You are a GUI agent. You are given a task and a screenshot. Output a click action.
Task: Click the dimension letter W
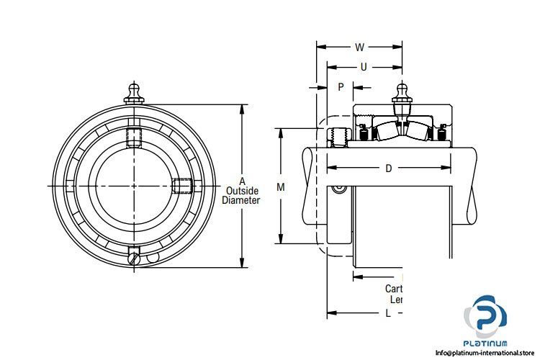[359, 48]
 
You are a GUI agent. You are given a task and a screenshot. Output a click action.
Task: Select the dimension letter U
[364, 67]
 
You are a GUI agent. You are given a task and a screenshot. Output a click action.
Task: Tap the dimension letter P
[341, 86]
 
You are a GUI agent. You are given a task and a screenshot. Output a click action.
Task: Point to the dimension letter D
[388, 168]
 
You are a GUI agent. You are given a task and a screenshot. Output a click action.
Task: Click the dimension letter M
[281, 187]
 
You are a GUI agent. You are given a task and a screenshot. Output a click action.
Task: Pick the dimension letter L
[388, 313]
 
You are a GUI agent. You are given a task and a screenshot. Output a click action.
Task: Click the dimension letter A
[242, 181]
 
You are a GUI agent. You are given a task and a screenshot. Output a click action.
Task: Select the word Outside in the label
[242, 191]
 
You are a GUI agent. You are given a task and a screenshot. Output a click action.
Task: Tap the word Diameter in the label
[241, 201]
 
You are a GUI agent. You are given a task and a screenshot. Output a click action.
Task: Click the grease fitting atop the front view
[134, 92]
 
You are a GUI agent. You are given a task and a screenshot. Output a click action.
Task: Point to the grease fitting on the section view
[401, 98]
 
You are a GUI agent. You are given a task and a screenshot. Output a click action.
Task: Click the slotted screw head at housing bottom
[134, 258]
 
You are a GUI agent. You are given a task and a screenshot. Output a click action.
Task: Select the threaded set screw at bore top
[134, 138]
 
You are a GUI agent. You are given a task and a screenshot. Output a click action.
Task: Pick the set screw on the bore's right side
[182, 186]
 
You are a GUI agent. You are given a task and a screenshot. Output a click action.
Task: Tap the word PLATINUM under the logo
[488, 342]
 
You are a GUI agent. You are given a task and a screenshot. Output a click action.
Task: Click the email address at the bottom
[487, 353]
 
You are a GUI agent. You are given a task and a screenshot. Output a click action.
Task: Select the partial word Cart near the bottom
[394, 288]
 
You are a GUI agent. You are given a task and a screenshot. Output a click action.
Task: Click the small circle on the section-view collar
[339, 189]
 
